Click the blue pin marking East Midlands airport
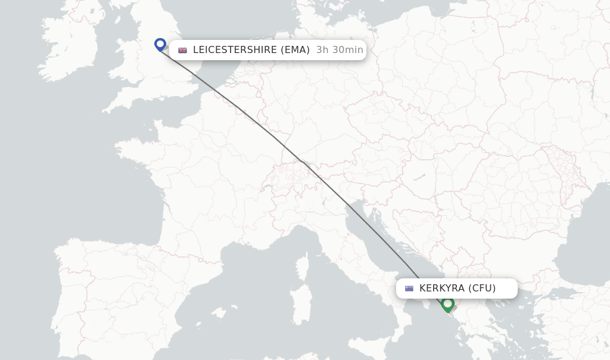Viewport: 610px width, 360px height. pos(160,44)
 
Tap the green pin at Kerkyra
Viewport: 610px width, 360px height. pos(448,304)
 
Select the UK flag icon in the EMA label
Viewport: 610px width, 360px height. pos(182,51)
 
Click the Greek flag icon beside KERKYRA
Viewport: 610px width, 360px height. pos(409,288)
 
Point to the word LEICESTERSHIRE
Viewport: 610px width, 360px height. pos(235,50)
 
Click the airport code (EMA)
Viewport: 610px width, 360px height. pos(295,50)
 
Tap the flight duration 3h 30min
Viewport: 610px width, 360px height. pos(340,50)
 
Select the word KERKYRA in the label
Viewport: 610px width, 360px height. pos(442,288)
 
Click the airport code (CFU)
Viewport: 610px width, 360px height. pos(482,288)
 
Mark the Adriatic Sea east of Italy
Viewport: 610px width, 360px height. pos(381,238)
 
